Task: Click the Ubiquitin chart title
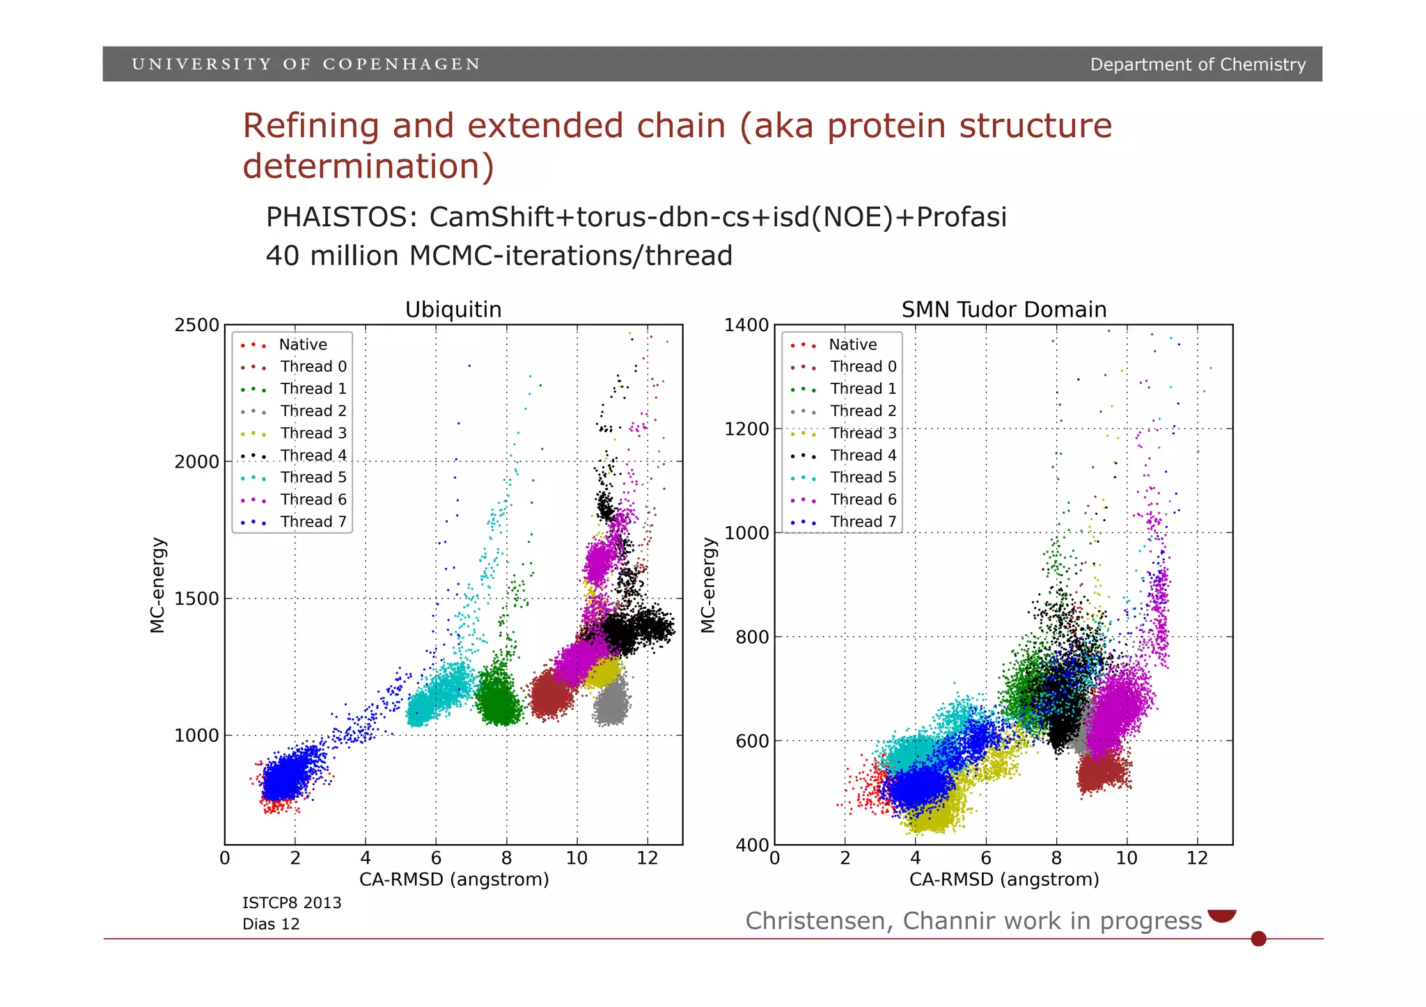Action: pos(453,310)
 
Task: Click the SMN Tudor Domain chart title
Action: pos(1003,310)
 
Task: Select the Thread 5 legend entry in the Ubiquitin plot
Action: pos(313,477)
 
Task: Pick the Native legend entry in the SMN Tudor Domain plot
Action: pos(852,344)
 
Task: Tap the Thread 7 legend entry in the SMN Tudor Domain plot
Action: pos(863,522)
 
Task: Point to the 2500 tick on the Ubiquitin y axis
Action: pos(196,325)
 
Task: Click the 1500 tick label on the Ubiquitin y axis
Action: pos(196,598)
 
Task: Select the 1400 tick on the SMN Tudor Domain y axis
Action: pos(746,325)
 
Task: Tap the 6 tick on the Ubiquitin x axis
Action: pos(436,858)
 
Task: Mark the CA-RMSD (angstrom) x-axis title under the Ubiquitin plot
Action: pos(454,880)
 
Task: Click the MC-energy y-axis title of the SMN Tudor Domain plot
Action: pos(708,585)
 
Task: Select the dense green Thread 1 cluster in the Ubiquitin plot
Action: pos(498,699)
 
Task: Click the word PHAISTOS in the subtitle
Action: pos(340,217)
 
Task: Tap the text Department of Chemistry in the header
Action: pos(1197,65)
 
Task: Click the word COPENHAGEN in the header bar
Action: pos(401,65)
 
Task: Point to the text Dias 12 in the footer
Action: pos(271,924)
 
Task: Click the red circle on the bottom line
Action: pos(1258,939)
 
